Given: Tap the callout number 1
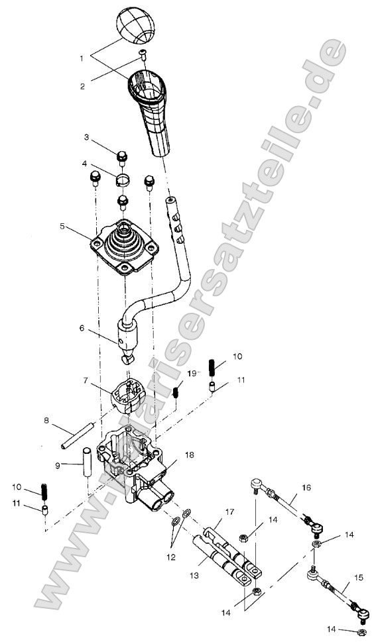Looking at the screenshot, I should (x=82, y=58).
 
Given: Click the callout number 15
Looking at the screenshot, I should (x=359, y=578).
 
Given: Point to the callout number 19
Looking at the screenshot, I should (x=191, y=373).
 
